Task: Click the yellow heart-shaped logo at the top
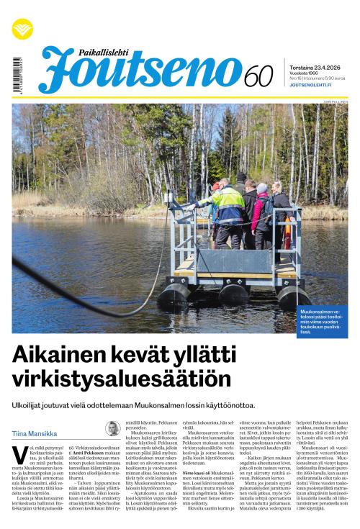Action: click(22, 29)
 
